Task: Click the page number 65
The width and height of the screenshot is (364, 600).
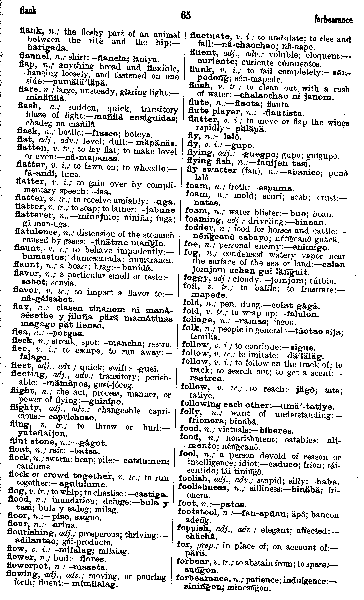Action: click(186, 15)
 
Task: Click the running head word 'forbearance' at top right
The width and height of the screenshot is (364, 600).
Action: click(333, 20)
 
